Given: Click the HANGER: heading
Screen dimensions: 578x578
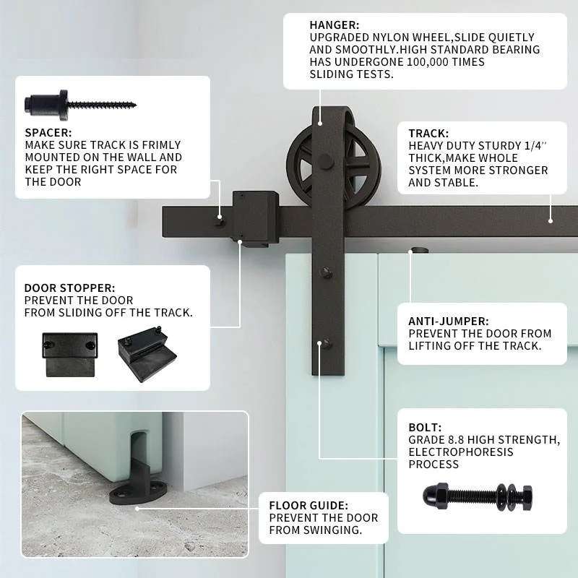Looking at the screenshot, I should click(x=335, y=25).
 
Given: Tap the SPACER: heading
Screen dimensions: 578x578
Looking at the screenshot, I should click(x=48, y=133).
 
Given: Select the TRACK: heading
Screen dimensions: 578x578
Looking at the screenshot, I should click(x=428, y=134).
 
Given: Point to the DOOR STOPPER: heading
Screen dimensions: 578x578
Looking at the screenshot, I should click(x=69, y=288).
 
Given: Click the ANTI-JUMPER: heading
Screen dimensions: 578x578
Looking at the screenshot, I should click(x=448, y=321).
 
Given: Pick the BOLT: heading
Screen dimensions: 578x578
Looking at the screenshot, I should click(x=425, y=426).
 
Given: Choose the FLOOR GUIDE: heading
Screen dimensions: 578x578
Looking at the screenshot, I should click(x=309, y=506).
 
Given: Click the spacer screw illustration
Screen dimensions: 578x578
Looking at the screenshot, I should click(x=80, y=105).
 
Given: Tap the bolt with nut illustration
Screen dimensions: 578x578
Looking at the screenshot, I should click(x=478, y=496).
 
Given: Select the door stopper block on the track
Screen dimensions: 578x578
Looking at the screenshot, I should click(x=255, y=217).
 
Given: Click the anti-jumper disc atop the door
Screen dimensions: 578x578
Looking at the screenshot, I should click(x=418, y=251).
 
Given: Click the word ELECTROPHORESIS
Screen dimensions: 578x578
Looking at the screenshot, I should click(x=461, y=452).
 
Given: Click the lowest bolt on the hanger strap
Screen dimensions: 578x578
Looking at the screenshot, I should click(x=327, y=343).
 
